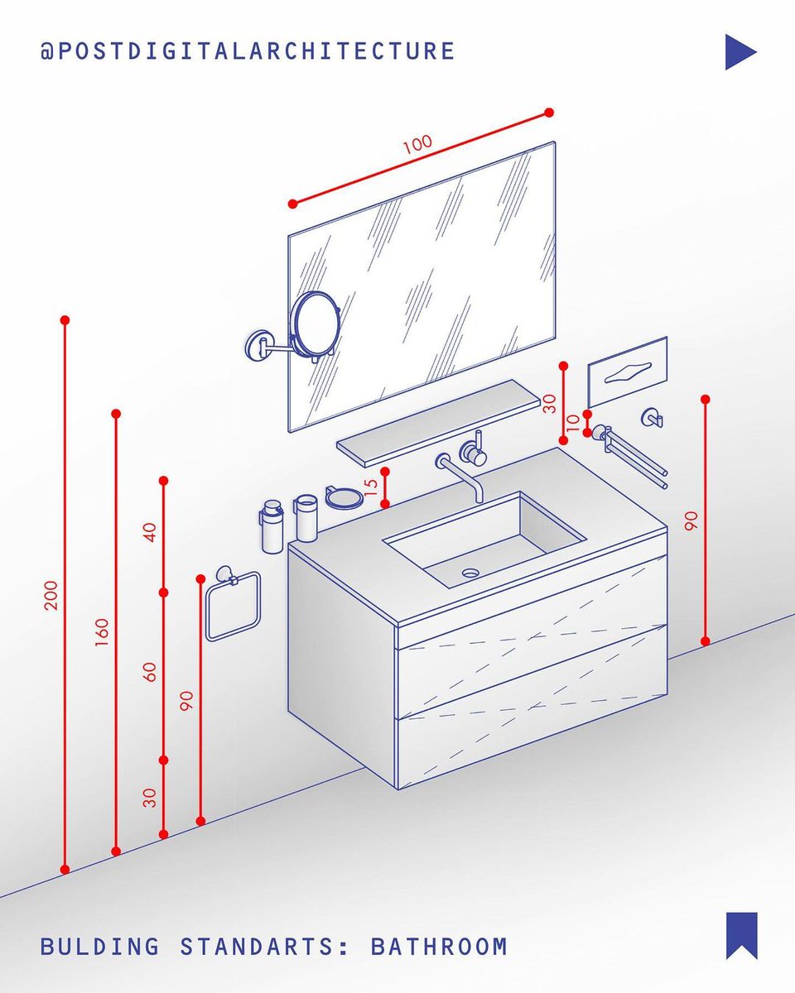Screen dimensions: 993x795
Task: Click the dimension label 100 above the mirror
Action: point(417,144)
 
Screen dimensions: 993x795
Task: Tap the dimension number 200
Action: point(51,595)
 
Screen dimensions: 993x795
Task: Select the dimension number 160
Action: point(102,633)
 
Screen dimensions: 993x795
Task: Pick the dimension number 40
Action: point(150,532)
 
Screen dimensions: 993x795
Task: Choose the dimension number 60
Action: point(150,672)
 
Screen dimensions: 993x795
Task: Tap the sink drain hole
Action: point(471,572)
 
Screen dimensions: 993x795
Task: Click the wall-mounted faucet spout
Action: point(460,472)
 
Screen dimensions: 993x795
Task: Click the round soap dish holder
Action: point(343,497)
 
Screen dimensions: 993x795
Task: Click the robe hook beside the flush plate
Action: point(653,418)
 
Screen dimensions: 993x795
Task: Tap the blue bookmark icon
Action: point(741,935)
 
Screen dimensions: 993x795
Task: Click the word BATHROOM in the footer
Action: point(438,946)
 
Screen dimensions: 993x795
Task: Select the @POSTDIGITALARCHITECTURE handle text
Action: point(248,51)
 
